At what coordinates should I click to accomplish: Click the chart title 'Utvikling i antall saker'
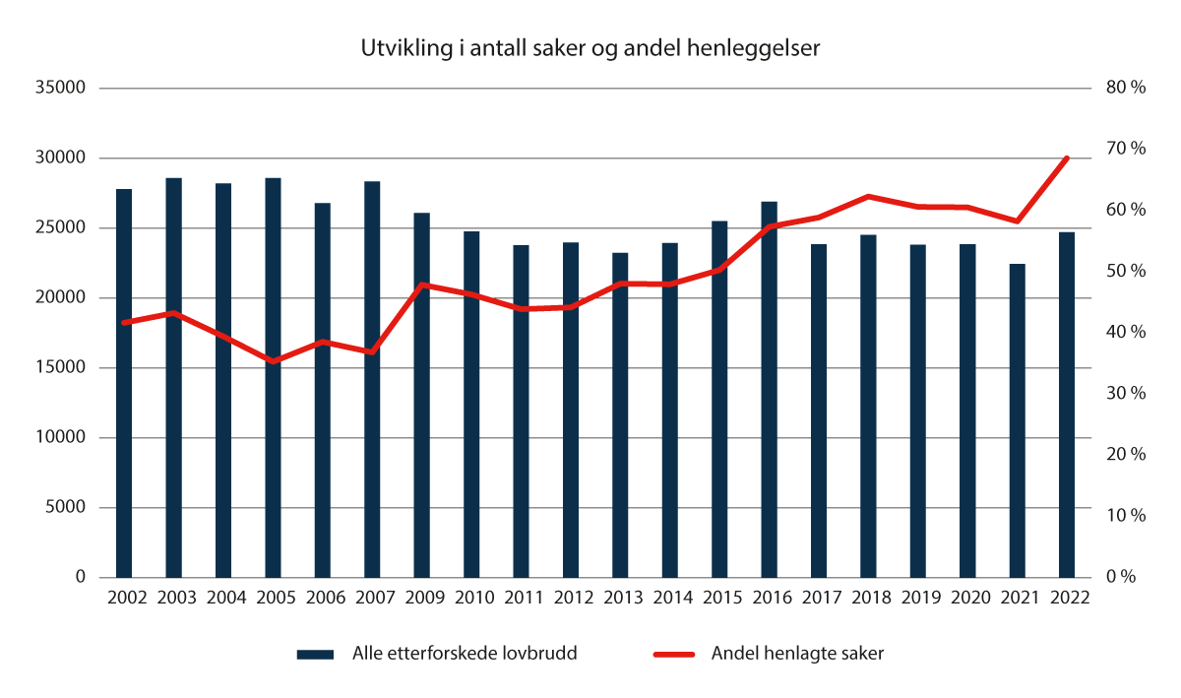click(590, 49)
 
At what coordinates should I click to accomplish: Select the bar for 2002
click(124, 383)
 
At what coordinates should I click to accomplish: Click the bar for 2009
click(421, 395)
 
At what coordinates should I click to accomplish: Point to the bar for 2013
click(620, 414)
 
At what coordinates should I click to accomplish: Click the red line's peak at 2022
click(1067, 158)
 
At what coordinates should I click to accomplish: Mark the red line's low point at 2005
click(273, 361)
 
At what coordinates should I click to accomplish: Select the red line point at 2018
click(868, 197)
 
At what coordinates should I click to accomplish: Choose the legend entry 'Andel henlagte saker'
click(797, 655)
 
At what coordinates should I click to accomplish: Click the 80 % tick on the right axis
click(1126, 88)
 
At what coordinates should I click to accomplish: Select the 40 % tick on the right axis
click(1126, 333)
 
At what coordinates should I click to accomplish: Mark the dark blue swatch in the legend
click(318, 655)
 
